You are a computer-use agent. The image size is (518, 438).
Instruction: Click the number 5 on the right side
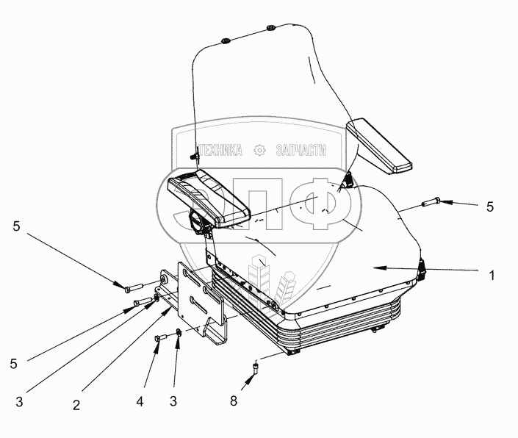pyautogui.click(x=489, y=207)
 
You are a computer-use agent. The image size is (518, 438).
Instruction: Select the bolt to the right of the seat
pyautogui.click(x=430, y=200)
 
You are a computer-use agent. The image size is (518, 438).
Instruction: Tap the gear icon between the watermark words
pyautogui.click(x=258, y=150)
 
